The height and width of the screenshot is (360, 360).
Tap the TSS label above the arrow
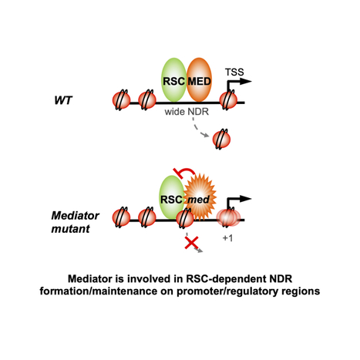pos(235,71)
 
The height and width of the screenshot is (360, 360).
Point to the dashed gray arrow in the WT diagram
pos(199,130)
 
